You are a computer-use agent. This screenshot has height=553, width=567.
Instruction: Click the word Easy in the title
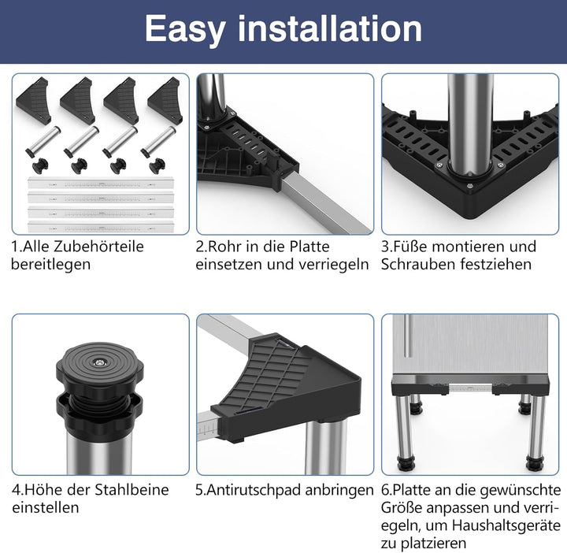tap(186, 30)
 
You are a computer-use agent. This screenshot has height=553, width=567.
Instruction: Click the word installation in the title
tap(330, 28)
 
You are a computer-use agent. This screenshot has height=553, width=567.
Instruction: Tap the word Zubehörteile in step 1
tap(98, 247)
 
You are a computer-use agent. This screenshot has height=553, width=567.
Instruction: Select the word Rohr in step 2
tap(224, 247)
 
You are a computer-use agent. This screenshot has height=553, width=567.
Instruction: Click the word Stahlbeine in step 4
tap(132, 490)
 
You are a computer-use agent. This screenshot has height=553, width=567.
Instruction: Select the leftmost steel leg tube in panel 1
tap(43, 141)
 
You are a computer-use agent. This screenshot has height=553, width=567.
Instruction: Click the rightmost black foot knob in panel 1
tap(157, 165)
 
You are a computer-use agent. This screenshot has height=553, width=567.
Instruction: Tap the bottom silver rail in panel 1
tap(101, 228)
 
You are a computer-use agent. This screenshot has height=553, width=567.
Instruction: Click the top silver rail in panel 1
tap(101, 184)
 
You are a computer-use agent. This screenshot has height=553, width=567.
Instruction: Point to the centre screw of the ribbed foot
tap(99, 362)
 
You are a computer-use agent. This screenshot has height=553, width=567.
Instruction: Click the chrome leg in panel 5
tap(326, 447)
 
